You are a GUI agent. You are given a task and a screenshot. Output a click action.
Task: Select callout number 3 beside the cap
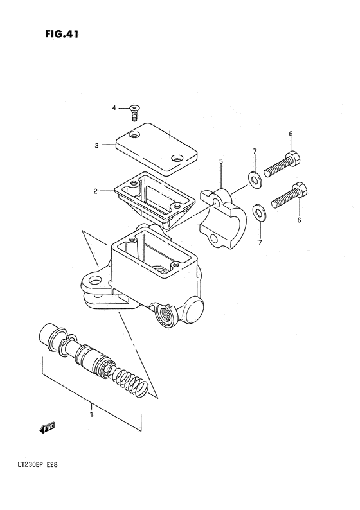(96, 145)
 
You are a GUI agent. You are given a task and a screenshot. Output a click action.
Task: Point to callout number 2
(94, 191)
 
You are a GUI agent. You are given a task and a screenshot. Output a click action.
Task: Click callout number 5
(221, 162)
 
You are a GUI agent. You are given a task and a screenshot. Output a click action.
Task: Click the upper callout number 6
(291, 134)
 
